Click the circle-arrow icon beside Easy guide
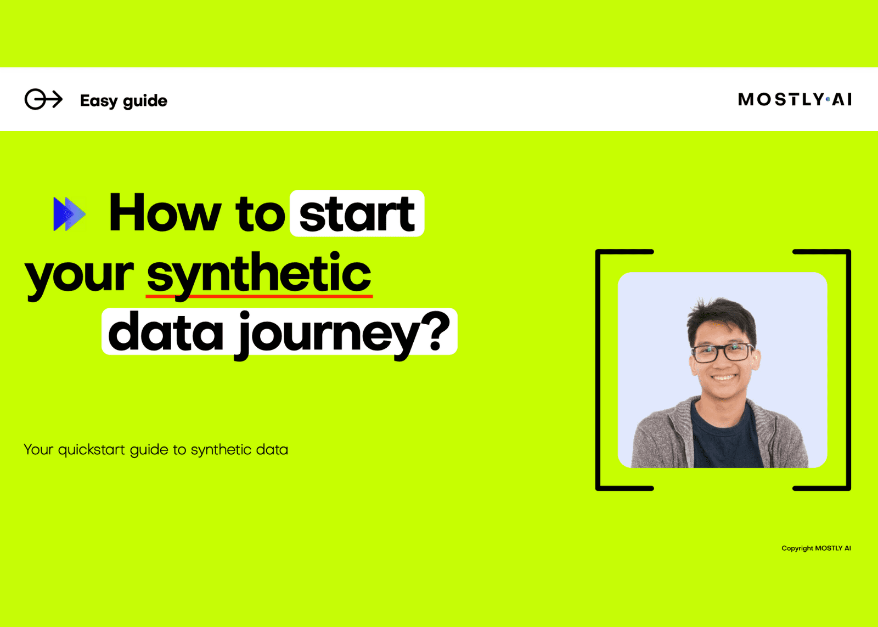[43, 99]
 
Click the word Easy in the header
[99, 101]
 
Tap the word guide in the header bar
[145, 101]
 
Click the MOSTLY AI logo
[795, 99]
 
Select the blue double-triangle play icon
[69, 214]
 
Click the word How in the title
[165, 212]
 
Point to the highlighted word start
[357, 213]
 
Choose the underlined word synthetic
[259, 274]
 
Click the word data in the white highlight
[166, 331]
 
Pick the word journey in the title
[327, 336]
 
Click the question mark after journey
[438, 331]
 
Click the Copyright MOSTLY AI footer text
[816, 548]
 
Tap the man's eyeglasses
[722, 352]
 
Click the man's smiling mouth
[723, 378]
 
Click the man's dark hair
[721, 318]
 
